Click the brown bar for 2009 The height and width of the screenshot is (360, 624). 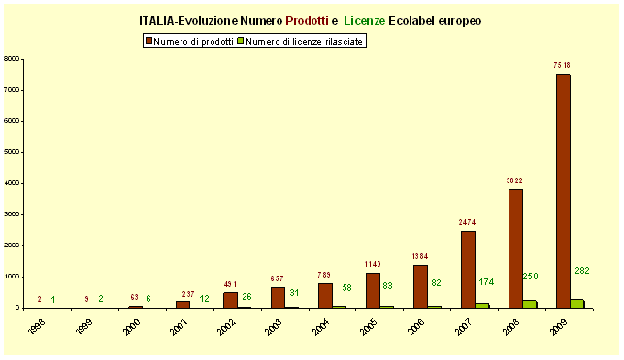coord(562,190)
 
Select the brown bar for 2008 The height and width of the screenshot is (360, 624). coord(515,247)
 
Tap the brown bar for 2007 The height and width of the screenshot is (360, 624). coord(468,269)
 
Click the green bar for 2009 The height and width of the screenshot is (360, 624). coord(577,303)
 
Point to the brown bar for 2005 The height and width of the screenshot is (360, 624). coord(374,289)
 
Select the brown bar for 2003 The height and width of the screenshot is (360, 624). coord(279,297)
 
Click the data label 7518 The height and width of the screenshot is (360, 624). coord(562,65)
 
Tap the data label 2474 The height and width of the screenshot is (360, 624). coord(468,222)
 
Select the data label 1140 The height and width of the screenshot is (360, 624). coord(374,263)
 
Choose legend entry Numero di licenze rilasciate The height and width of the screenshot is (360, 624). coord(304,42)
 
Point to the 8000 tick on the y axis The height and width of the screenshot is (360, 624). coord(13,59)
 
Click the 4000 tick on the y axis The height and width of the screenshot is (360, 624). coord(13,183)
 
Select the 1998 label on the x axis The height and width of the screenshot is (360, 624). coord(36,327)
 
